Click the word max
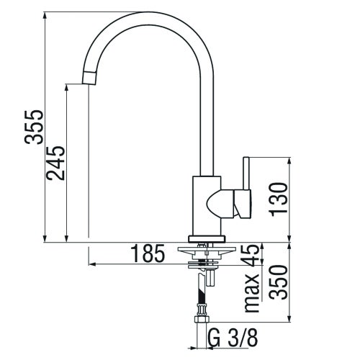coord(252,293)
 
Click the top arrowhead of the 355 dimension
coord(46,15)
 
